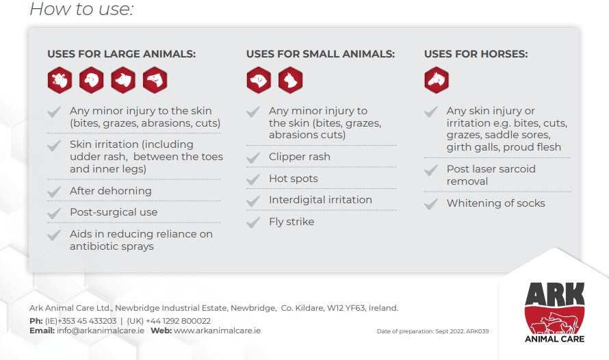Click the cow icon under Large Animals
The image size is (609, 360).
coord(60,80)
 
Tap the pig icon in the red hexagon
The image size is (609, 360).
coord(123,80)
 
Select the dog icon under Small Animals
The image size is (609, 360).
coord(259,80)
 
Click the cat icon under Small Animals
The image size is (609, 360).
coord(290,80)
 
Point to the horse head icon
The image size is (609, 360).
coord(437,80)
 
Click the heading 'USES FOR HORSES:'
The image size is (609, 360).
coord(476,54)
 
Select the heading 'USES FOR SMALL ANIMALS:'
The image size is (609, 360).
coord(320,54)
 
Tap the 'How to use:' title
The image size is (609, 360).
coord(81,10)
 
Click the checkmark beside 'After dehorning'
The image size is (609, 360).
coord(54,192)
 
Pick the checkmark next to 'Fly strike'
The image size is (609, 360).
coord(253,222)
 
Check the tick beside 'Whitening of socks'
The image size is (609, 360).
coord(431,204)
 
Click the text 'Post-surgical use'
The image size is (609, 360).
coord(114,212)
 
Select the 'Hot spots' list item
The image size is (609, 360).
coord(294,179)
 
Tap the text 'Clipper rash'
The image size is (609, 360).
coord(300,157)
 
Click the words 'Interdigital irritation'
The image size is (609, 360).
coord(320,200)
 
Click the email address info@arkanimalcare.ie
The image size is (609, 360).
coord(101,331)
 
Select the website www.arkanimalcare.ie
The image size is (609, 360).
coord(217,331)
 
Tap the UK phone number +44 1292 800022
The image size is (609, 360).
coord(177,321)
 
